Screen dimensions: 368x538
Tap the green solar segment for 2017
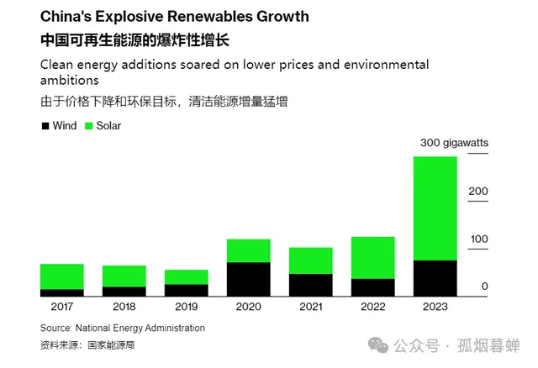pos(61,276)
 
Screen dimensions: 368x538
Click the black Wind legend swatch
pos(45,126)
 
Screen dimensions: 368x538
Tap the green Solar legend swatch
pos(88,126)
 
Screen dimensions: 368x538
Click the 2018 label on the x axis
pos(124,307)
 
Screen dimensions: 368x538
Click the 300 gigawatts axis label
pos(454,143)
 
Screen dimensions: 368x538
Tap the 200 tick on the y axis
pos(478,191)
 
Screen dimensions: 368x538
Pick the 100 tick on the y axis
pos(478,239)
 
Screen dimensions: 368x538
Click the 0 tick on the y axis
pos(484,287)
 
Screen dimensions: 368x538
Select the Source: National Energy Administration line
pos(123,328)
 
